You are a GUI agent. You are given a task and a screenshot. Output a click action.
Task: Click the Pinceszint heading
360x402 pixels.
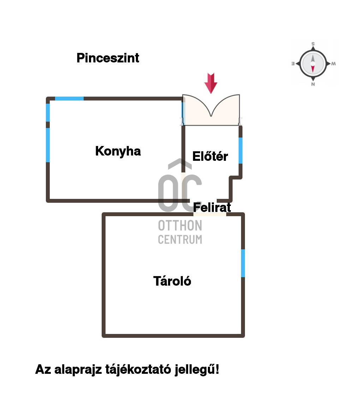pyautogui.click(x=108, y=58)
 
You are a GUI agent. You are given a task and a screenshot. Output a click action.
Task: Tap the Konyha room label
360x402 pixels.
pyautogui.click(x=118, y=151)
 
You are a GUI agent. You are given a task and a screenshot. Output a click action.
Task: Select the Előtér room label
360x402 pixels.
pyautogui.click(x=210, y=156)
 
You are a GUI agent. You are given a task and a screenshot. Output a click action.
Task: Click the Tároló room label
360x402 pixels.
pyautogui.click(x=172, y=281)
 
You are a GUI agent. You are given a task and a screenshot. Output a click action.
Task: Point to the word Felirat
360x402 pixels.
pyautogui.click(x=212, y=207)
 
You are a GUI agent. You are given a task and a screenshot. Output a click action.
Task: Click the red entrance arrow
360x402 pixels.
pyautogui.click(x=211, y=83)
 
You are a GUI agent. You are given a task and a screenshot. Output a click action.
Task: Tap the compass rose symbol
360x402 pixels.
pyautogui.click(x=313, y=63)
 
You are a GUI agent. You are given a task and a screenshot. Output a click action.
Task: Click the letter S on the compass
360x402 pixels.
pyautogui.click(x=313, y=44)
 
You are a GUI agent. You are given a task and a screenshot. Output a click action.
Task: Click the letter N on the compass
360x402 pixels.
pyautogui.click(x=313, y=84)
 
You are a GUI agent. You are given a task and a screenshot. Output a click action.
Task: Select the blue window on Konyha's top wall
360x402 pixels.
pyautogui.click(x=69, y=98)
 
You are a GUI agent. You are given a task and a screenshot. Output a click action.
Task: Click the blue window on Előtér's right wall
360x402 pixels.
pyautogui.click(x=240, y=151)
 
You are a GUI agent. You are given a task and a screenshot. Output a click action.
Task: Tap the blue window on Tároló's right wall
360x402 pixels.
pyautogui.click(x=243, y=263)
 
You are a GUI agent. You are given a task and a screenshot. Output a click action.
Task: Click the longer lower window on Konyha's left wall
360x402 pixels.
pyautogui.click(x=48, y=145)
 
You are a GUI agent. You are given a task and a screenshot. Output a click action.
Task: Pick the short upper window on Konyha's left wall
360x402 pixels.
pyautogui.click(x=48, y=112)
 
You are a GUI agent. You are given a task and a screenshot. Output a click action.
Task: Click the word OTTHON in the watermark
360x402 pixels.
pyautogui.click(x=180, y=226)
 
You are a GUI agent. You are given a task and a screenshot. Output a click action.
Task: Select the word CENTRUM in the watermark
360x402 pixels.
pyautogui.click(x=180, y=239)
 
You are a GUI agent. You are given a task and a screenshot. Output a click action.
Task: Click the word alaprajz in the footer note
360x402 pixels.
pyautogui.click(x=78, y=370)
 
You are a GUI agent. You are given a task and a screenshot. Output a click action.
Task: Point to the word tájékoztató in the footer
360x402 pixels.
pyautogui.click(x=138, y=370)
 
